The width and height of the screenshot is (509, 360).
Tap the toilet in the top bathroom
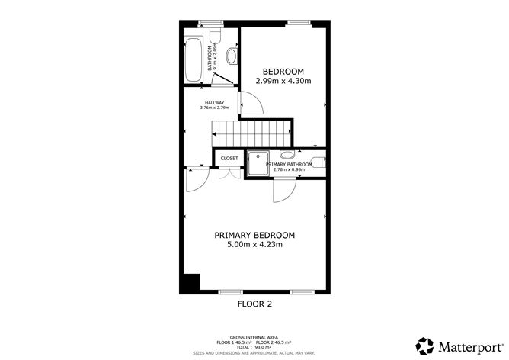[x=216, y=37]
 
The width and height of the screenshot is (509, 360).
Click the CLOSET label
[x=229, y=158]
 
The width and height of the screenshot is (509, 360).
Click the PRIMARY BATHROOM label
[x=290, y=164]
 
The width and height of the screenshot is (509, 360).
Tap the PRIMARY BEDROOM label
[x=254, y=234]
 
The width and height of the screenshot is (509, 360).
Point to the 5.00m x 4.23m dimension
[x=254, y=245]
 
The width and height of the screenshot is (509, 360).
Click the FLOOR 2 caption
[x=255, y=303]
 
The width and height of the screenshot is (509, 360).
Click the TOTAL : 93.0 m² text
[x=254, y=347]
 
